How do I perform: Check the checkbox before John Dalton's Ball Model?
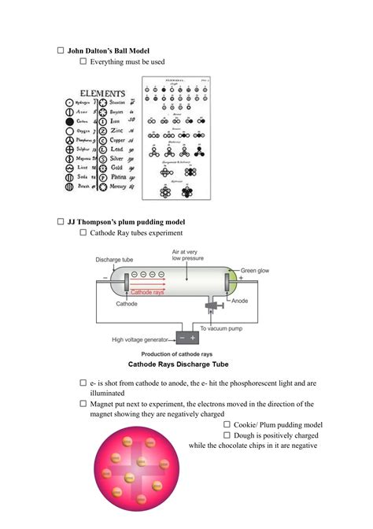click(x=61, y=50)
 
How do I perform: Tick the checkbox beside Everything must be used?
click(x=83, y=61)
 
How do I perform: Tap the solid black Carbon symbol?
click(x=68, y=122)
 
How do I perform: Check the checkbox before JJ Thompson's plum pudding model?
click(x=61, y=222)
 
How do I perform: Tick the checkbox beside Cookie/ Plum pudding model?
click(x=227, y=424)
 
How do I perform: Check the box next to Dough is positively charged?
click(x=227, y=435)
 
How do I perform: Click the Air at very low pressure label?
click(x=194, y=257)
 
